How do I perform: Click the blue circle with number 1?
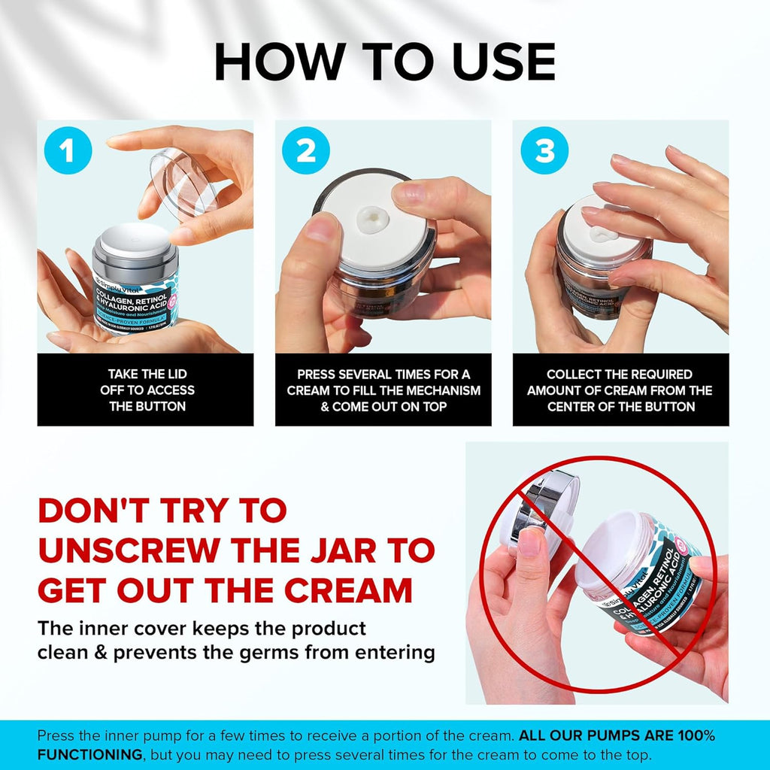(68, 151)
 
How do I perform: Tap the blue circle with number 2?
(306, 151)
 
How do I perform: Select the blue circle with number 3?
(545, 151)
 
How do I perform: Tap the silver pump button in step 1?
(135, 238)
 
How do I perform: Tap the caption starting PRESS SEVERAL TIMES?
(383, 390)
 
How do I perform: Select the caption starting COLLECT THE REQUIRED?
(620, 390)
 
